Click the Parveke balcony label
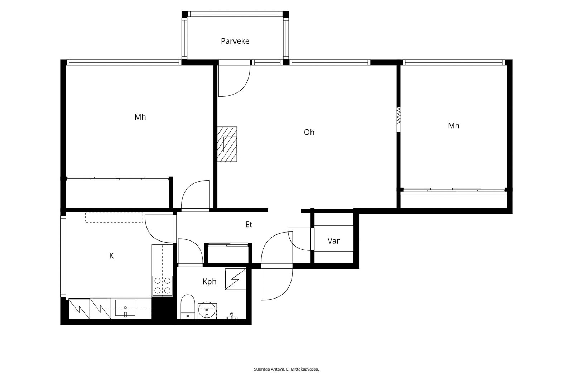coord(235,41)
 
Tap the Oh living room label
coord(309,132)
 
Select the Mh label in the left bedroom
coord(140,117)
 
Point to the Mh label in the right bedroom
coord(453,125)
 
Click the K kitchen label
coord(111,256)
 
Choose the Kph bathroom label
coord(209,282)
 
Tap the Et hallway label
coord(249,225)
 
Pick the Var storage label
coord(333,241)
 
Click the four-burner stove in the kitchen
coord(163,286)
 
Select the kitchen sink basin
coord(125,308)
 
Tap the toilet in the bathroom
coord(188,307)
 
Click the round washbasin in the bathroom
coord(207,310)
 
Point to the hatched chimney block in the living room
coord(227,144)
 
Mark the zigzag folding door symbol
coord(399,115)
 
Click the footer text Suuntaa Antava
coord(269,369)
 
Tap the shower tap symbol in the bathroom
coord(232,316)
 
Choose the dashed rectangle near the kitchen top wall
coord(114,217)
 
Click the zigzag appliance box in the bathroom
coord(235,279)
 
